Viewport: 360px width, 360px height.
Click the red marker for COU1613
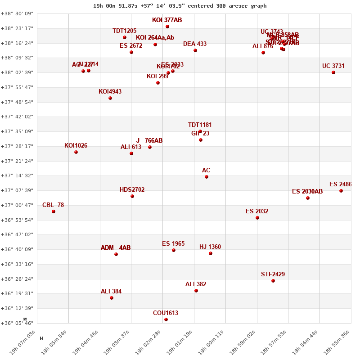(166, 319)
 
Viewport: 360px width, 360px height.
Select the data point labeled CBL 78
(54, 211)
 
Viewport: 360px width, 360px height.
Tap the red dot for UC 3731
(333, 72)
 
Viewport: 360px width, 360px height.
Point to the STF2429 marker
(273, 281)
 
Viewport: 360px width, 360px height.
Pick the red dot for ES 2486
(341, 191)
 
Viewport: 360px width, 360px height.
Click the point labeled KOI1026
(76, 152)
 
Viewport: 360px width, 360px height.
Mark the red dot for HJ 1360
(211, 253)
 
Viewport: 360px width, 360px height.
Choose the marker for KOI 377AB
(167, 27)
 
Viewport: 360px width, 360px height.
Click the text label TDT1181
(200, 125)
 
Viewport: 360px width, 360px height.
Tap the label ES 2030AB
(307, 192)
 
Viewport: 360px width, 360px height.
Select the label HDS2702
(132, 190)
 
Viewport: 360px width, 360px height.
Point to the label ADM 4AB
(116, 248)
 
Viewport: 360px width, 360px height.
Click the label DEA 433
(195, 44)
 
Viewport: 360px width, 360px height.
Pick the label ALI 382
(196, 284)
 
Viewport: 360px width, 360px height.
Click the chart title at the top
(180, 6)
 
